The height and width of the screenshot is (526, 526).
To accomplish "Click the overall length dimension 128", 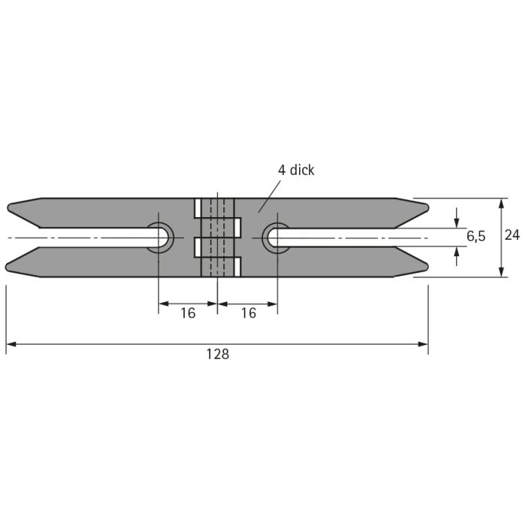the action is (218, 354).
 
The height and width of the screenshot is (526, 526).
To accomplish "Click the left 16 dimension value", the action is (188, 313).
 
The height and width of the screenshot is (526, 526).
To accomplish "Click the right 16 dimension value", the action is (249, 313).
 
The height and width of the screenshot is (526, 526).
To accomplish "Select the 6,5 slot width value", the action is (476, 237).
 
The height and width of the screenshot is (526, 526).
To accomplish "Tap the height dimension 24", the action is (512, 235).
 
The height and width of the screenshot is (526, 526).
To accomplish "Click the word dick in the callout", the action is (302, 170).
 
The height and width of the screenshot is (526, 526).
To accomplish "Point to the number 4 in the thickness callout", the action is (282, 171).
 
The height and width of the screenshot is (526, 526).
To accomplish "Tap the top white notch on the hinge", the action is (198, 208).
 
